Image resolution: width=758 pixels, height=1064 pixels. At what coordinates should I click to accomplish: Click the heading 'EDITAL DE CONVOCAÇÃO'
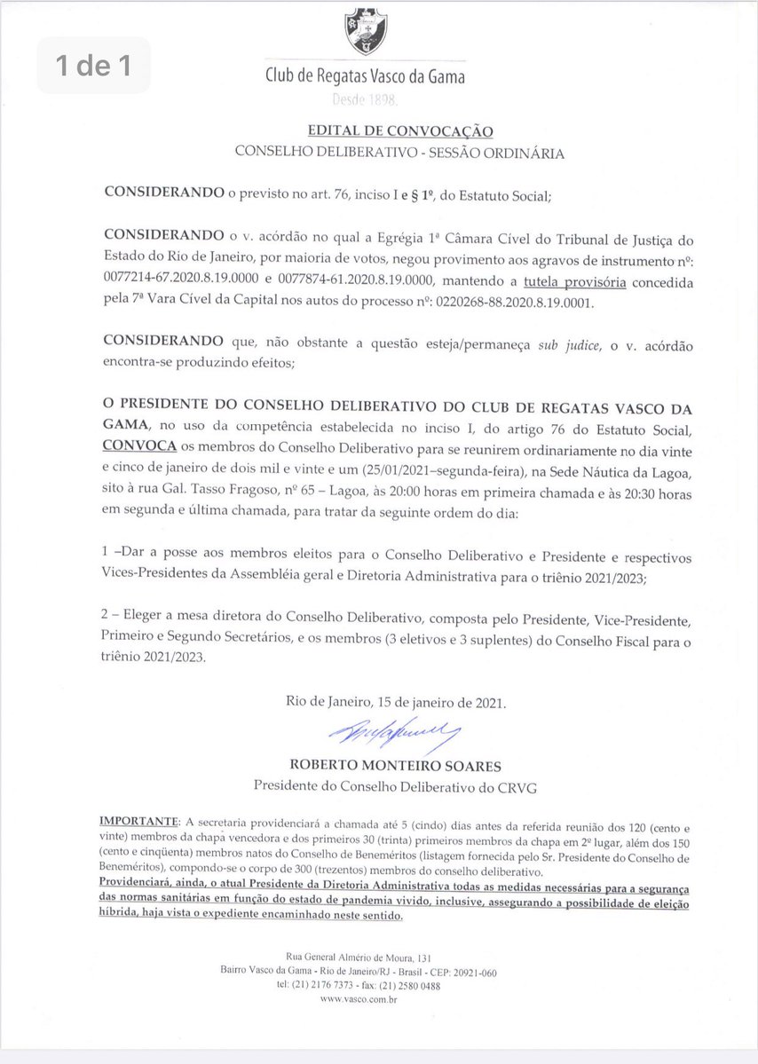(396, 131)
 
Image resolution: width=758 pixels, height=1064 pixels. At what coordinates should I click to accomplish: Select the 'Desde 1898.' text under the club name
(366, 102)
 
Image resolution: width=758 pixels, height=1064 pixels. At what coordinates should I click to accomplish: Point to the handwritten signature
(394, 732)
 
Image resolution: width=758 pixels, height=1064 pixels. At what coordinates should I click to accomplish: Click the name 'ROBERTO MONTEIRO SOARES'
(395, 764)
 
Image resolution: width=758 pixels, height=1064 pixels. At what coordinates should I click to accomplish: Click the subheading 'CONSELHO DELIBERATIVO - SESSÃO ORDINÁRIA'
(399, 153)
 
